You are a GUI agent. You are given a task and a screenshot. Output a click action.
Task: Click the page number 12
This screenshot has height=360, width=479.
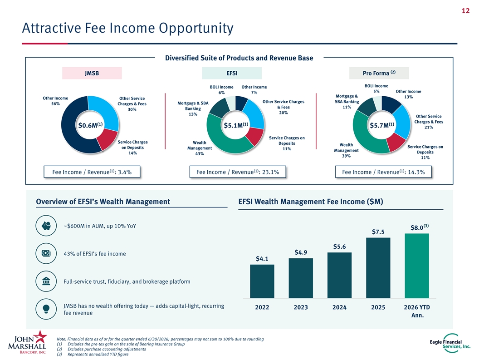point(465,11)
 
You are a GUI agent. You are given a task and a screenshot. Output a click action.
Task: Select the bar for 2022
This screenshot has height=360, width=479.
point(262,281)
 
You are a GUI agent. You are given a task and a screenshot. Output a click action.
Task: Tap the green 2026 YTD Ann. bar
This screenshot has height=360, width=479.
point(417,266)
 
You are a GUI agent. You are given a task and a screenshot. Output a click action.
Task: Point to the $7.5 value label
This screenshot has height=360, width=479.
point(378,232)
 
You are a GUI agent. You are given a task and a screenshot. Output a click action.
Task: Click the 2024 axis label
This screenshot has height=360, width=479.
point(339,307)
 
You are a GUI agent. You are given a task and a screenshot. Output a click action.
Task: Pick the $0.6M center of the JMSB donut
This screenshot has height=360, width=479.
point(90,125)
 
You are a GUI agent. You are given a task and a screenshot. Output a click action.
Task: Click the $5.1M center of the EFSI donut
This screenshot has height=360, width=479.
point(236,125)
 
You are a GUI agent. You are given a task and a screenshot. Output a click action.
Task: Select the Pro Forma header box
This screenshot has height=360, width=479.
point(379,73)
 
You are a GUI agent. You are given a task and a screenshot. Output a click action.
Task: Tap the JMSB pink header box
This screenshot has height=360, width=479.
point(92,73)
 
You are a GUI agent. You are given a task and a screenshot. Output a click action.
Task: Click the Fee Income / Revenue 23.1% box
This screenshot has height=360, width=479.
point(238,172)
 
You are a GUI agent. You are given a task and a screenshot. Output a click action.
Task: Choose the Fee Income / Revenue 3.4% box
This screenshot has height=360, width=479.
point(92,172)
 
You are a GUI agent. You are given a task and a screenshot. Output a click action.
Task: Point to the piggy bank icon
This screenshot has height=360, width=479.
point(46,226)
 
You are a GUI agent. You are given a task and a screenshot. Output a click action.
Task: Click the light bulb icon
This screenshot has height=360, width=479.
point(46,309)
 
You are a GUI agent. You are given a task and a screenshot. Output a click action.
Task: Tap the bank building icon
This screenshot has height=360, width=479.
point(46,281)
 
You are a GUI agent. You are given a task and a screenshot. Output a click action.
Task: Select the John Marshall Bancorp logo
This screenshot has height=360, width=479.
point(28,342)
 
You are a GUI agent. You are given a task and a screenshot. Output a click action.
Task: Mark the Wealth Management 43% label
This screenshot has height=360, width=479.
point(200,148)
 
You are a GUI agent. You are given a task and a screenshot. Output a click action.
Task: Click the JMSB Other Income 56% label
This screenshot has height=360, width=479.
point(55,101)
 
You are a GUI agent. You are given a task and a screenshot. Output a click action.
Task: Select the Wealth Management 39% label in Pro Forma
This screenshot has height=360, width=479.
point(346,150)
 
